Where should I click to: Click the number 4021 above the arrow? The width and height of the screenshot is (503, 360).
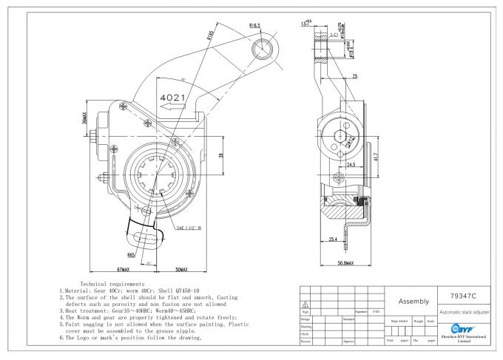(173, 97)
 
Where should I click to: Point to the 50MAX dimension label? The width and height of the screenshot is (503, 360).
(176, 272)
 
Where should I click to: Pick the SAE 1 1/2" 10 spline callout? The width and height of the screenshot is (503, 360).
(190, 229)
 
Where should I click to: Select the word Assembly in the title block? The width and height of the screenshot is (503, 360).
(413, 302)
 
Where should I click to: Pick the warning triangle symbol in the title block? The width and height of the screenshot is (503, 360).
(304, 303)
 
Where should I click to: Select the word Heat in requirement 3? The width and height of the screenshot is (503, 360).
(74, 310)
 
